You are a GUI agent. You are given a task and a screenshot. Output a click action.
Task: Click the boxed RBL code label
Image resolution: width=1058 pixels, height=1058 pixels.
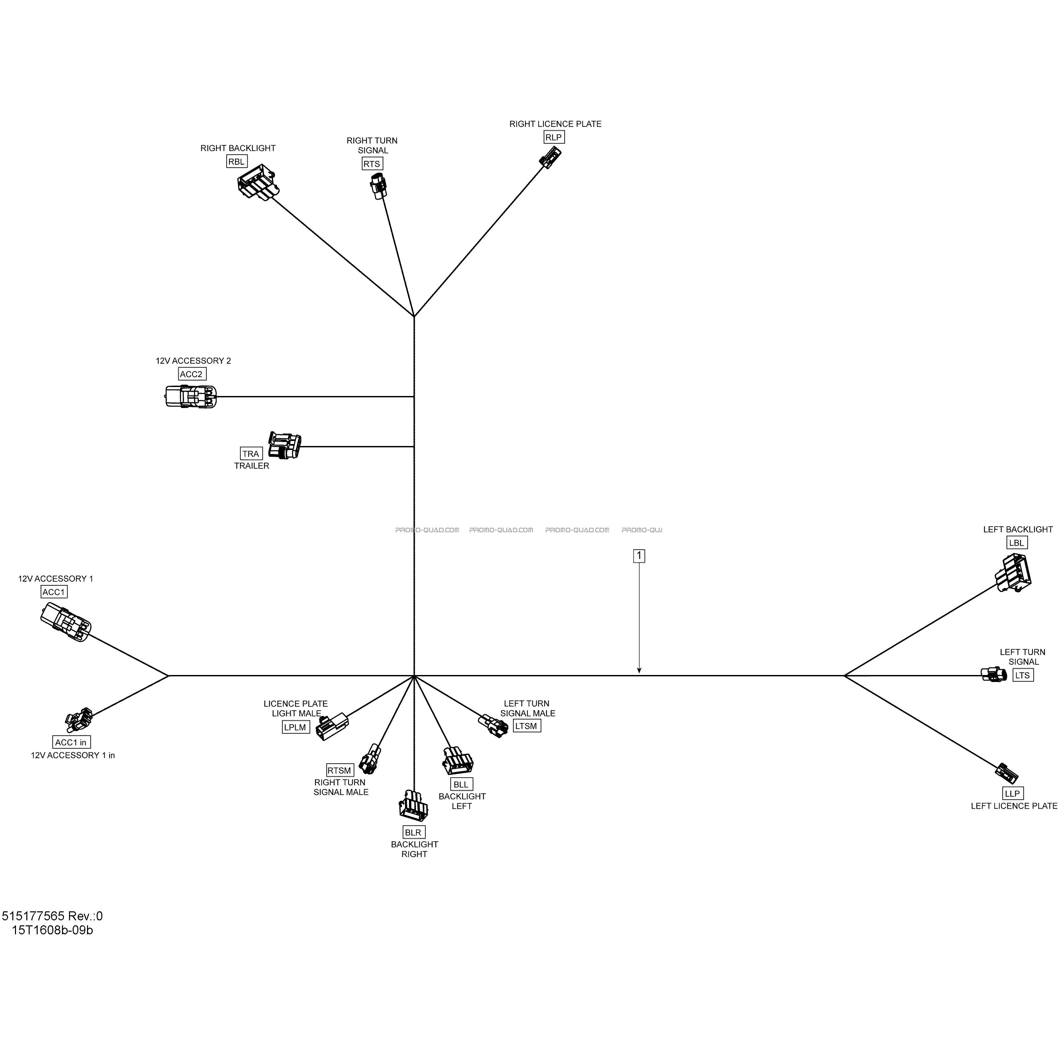tap(237, 162)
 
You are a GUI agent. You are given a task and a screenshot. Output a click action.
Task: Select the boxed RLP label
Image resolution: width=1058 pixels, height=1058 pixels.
tap(554, 137)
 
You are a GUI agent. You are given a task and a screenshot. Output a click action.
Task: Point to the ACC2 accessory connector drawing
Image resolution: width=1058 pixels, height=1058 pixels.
tap(191, 396)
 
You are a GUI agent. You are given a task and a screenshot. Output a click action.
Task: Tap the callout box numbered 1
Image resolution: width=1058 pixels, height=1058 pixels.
tap(639, 556)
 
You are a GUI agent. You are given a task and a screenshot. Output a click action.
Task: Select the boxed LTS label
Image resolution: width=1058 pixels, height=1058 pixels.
tap(1022, 675)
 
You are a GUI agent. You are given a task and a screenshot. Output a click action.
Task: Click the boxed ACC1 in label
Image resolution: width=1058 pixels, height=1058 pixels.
tap(71, 742)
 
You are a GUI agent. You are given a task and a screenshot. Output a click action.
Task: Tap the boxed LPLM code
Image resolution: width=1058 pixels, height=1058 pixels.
tap(296, 727)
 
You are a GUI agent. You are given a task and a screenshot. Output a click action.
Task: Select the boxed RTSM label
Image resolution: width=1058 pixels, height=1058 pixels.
tap(340, 770)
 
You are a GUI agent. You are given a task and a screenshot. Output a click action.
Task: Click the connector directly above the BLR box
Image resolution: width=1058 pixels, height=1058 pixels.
tap(412, 806)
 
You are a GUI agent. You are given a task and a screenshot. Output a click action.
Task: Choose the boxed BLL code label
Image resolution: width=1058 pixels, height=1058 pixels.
tap(461, 784)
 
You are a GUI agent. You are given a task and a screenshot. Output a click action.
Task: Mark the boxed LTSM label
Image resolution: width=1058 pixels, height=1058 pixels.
tap(527, 726)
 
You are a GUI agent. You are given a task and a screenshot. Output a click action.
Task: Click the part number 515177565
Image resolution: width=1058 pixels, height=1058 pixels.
tap(33, 916)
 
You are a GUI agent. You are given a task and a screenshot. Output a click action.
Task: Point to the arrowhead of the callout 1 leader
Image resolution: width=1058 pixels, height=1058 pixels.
tap(639, 671)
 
